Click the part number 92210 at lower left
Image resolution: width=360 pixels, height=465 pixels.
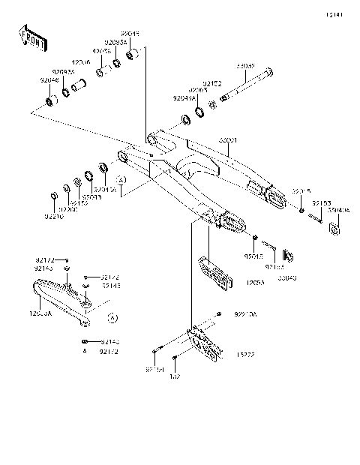tap(53, 216)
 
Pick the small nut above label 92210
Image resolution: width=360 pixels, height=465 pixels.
tap(52, 196)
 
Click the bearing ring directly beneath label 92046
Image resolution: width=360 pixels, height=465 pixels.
tap(52, 100)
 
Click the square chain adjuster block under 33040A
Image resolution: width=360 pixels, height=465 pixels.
tap(334, 228)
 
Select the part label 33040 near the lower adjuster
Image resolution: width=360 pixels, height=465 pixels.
tap(287, 277)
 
